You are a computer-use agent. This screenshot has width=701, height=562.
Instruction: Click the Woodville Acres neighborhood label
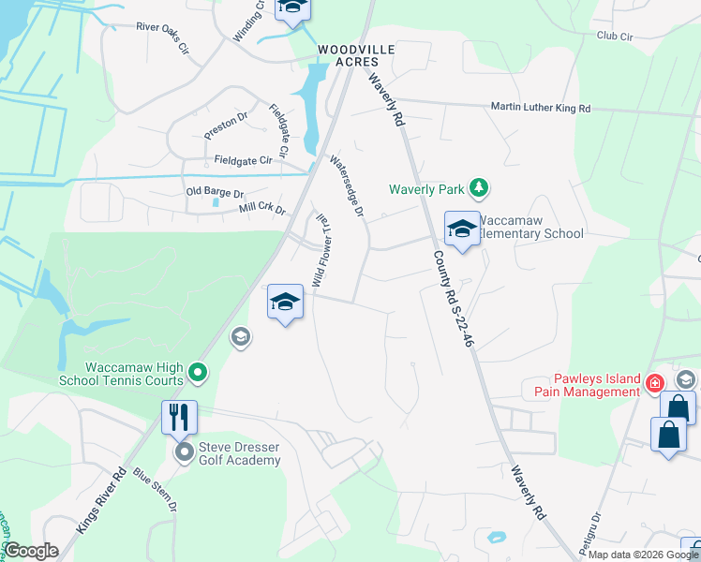[x=355, y=55]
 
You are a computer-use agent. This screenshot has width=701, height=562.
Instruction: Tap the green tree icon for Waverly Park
[x=479, y=188]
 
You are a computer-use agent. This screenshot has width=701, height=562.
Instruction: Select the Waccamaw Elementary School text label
[x=529, y=227]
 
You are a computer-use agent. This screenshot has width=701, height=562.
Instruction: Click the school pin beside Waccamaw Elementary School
[x=462, y=230]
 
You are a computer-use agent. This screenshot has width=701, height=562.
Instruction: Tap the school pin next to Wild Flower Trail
[x=286, y=302]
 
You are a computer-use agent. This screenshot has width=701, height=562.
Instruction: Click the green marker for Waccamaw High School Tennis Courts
[x=198, y=374]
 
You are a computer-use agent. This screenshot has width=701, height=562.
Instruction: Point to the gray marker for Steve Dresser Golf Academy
[x=185, y=453]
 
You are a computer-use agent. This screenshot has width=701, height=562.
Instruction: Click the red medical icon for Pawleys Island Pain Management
[x=655, y=383]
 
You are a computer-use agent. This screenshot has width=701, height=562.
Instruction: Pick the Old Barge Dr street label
[x=215, y=191]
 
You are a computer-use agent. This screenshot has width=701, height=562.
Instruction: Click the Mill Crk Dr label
[x=262, y=209]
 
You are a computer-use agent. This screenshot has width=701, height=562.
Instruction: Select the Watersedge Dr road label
[x=346, y=186]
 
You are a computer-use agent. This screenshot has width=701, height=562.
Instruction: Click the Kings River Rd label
[x=100, y=502]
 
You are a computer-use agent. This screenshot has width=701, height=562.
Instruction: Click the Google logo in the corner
[x=32, y=551]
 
